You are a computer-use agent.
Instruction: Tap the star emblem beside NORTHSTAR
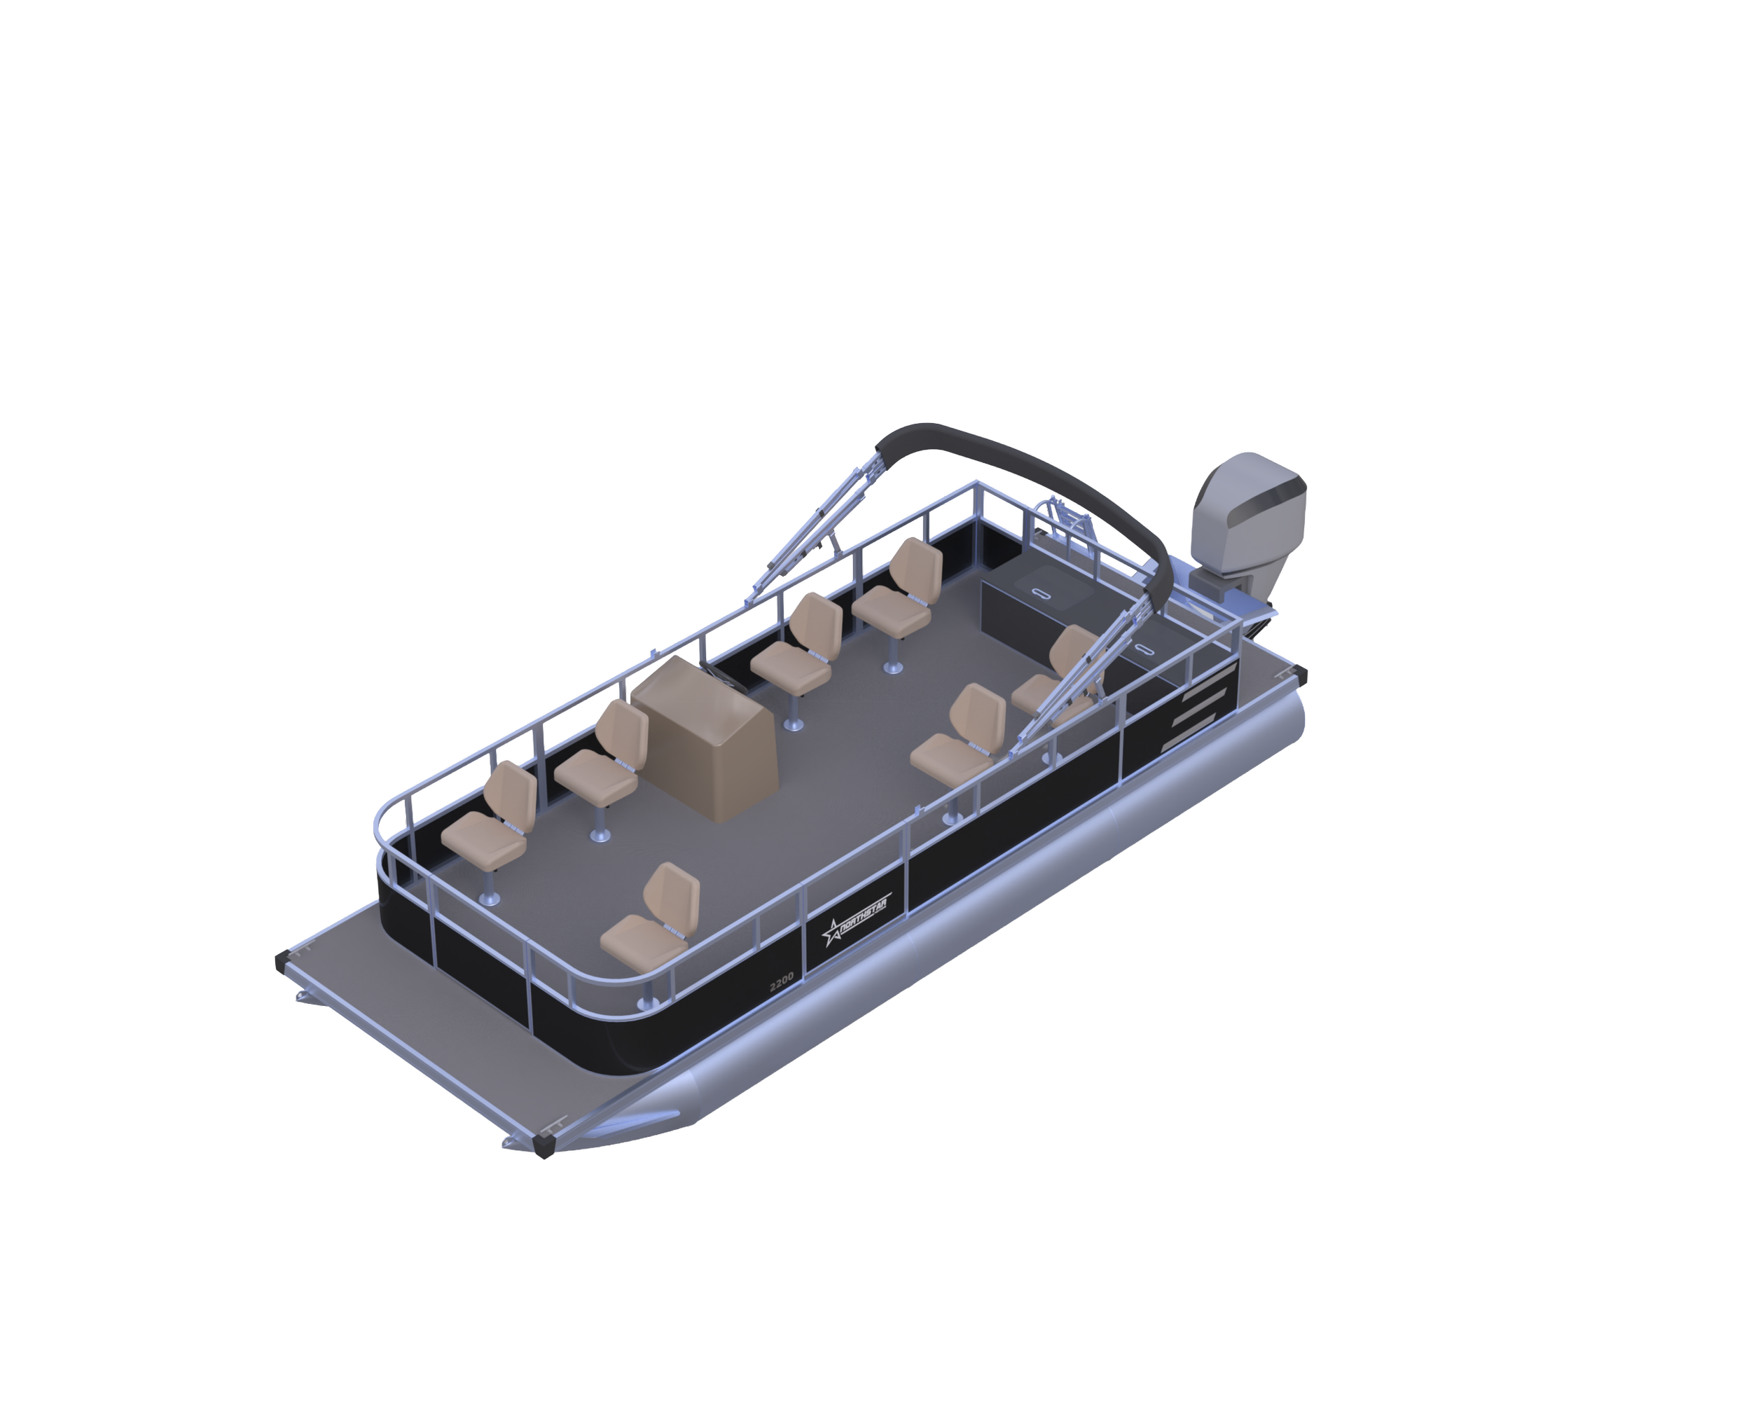click(833, 932)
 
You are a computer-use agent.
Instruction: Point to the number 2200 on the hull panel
click(781, 982)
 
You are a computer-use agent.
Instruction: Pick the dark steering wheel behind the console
click(725, 679)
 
